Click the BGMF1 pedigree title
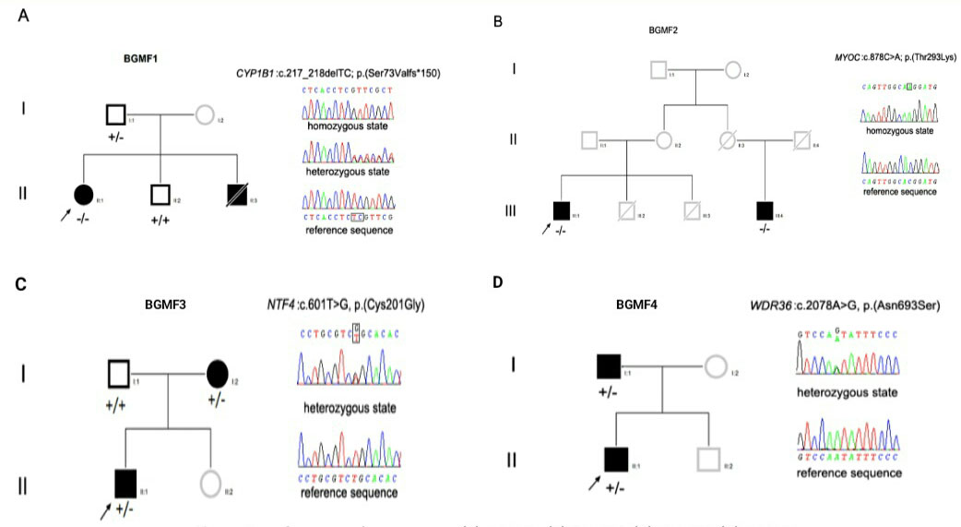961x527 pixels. click(x=140, y=58)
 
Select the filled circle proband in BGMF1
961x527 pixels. click(x=83, y=195)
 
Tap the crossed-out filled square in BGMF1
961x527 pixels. click(x=238, y=195)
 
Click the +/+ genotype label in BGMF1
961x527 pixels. click(x=161, y=222)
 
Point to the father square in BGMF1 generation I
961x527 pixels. click(x=115, y=115)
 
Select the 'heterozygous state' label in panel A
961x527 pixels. click(x=348, y=172)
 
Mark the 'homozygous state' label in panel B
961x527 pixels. click(x=899, y=130)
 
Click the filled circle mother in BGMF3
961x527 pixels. click(x=218, y=374)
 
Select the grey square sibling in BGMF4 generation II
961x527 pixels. click(x=707, y=458)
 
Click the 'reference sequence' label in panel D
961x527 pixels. click(x=849, y=473)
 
